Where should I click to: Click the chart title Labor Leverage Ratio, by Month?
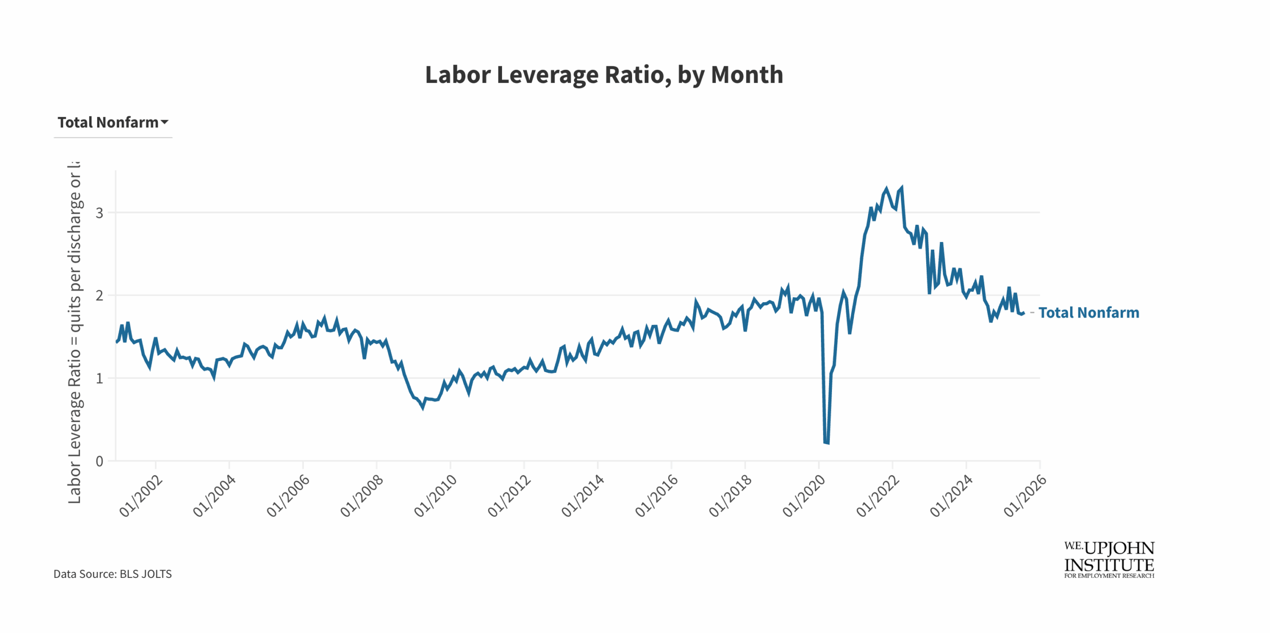604,75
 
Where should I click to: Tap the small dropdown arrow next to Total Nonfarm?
165,122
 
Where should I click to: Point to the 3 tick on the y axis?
100,213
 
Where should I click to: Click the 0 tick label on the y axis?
100,461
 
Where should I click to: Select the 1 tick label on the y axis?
100,379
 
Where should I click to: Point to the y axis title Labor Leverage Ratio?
74,332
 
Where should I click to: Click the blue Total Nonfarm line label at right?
1088,313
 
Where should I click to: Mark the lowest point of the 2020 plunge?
826,443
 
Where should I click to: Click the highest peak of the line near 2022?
901,188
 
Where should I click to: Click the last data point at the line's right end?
1023,313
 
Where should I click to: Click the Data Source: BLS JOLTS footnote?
113,574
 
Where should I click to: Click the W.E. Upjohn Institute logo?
1109,560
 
